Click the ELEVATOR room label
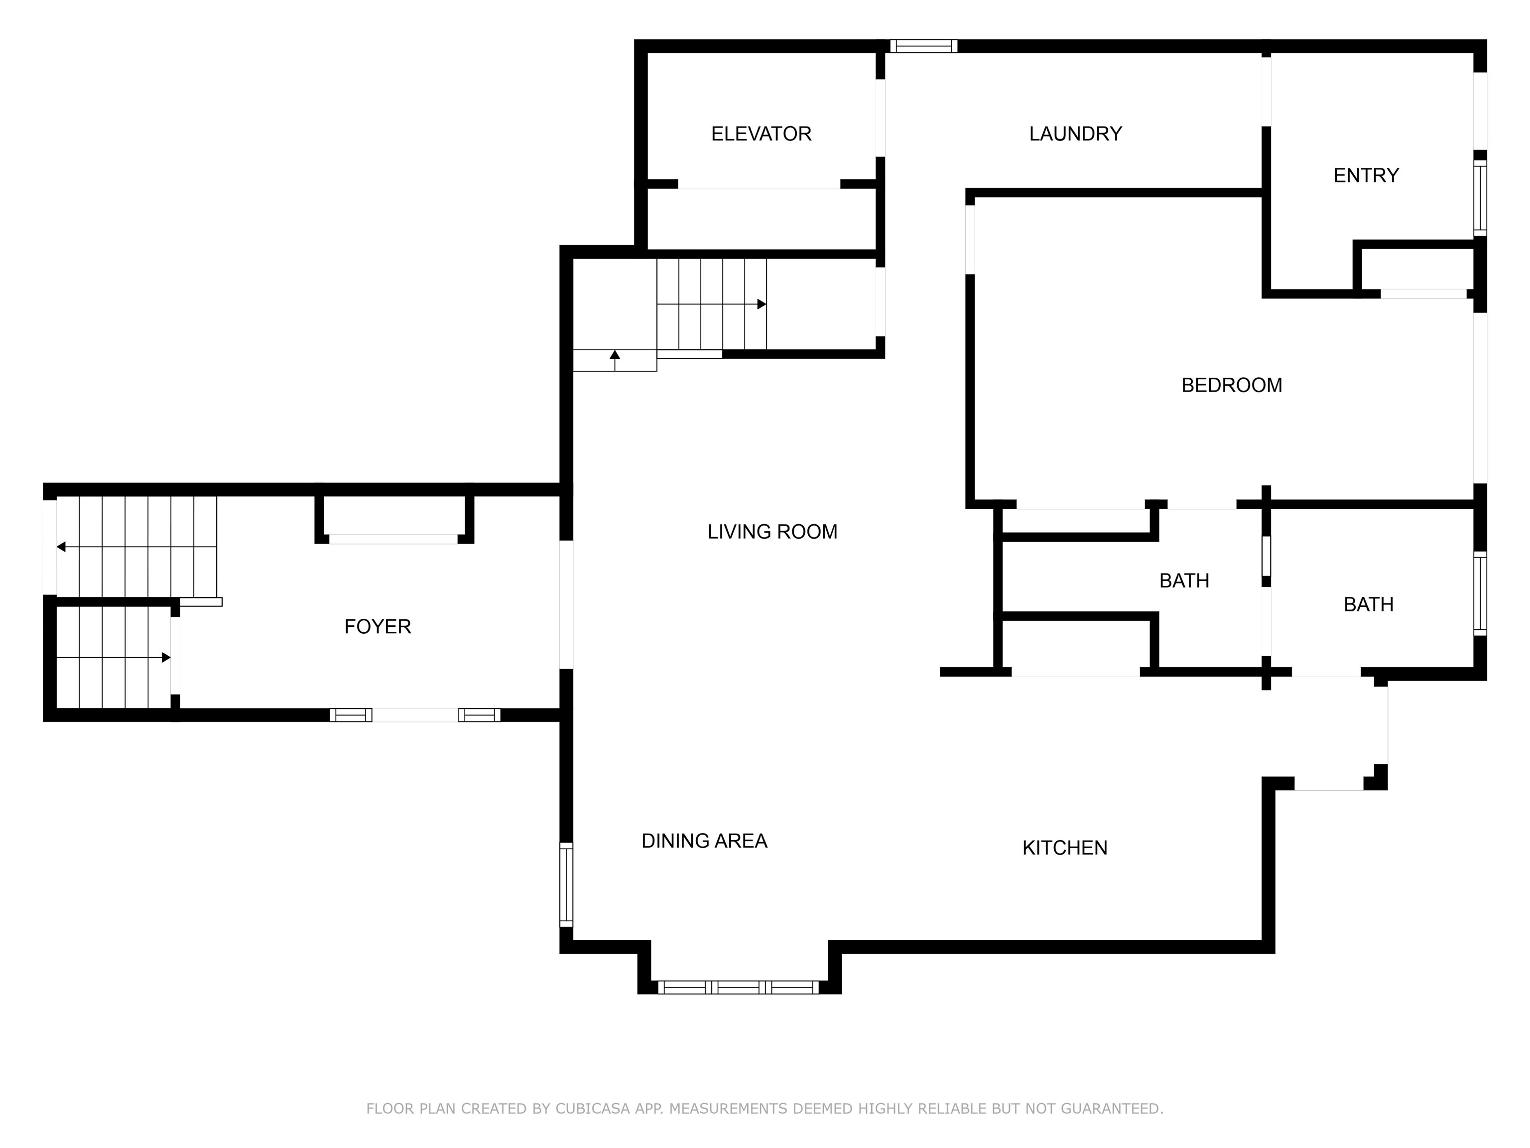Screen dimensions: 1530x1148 click(761, 134)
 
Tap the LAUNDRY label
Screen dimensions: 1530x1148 click(1076, 134)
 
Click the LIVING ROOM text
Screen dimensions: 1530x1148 click(772, 532)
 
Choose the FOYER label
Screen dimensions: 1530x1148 click(378, 627)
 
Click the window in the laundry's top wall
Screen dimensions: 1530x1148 click(924, 46)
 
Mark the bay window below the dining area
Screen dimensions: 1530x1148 click(739, 988)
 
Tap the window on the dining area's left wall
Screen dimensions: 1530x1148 click(566, 884)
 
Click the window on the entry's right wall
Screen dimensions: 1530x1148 click(1480, 198)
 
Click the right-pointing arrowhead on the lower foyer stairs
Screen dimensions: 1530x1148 click(166, 657)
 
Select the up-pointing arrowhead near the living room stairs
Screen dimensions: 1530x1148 click(615, 355)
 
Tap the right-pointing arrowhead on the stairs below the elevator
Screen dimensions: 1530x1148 click(762, 304)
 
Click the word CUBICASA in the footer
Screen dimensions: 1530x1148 click(592, 1109)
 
